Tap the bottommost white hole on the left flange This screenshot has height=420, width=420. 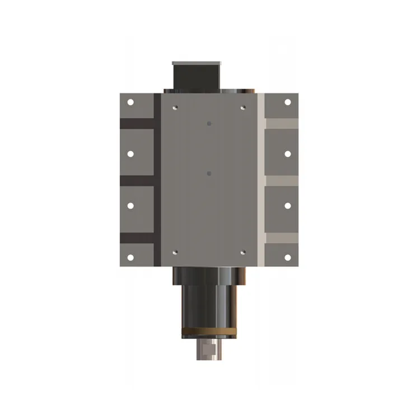(130, 257)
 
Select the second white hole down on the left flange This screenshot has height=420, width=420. (130, 153)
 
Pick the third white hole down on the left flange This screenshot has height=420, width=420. (130, 206)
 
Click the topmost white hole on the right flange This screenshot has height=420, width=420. (288, 102)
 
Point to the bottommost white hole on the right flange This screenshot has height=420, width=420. (288, 257)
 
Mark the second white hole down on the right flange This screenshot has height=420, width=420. (288, 153)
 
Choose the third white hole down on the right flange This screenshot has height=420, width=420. (288, 206)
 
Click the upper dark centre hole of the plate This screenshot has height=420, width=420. (208, 123)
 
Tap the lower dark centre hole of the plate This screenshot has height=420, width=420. (208, 174)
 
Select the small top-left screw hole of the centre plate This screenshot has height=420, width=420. (175, 106)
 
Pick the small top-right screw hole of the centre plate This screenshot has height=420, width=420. (242, 106)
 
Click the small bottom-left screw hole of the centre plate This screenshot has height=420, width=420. (175, 252)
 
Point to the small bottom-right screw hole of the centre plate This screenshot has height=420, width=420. (242, 252)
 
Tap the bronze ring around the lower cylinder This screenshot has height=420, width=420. (208, 335)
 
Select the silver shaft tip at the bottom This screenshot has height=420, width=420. (208, 351)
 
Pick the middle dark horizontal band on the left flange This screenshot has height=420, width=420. (137, 181)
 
